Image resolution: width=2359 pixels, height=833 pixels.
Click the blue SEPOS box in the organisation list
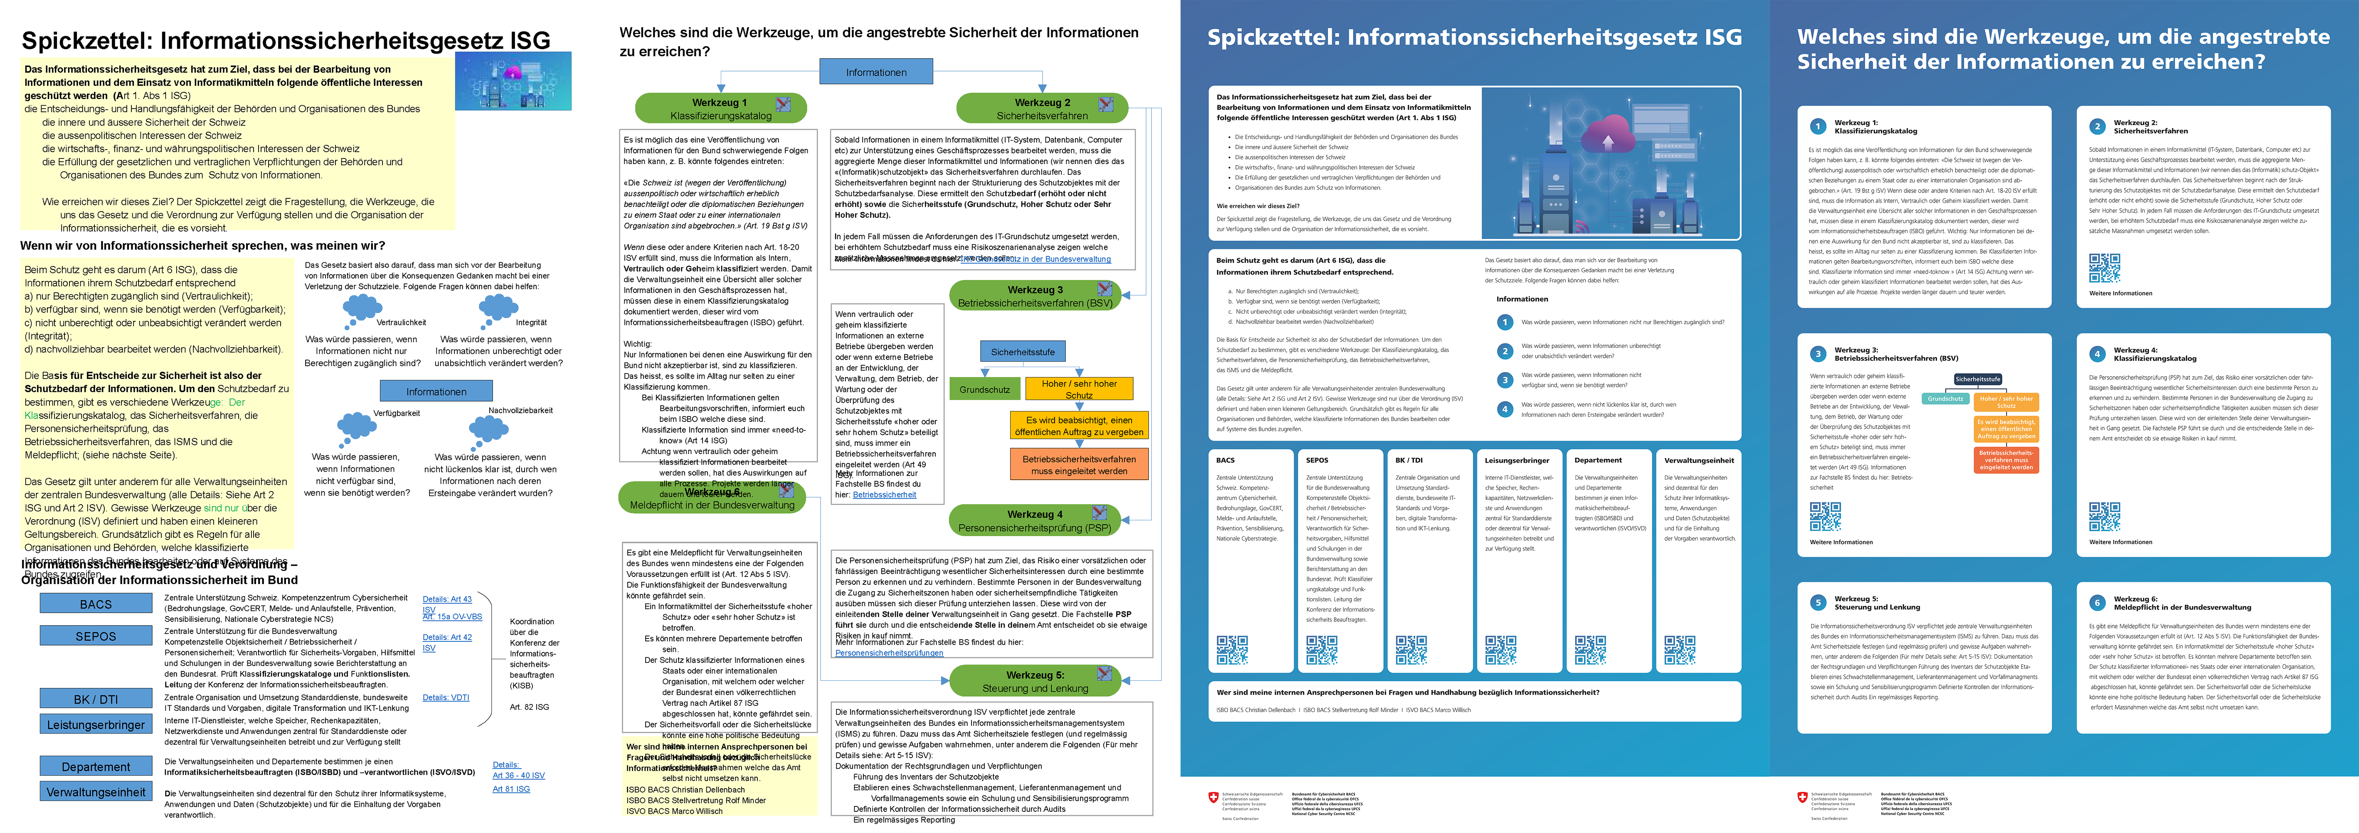pyautogui.click(x=95, y=635)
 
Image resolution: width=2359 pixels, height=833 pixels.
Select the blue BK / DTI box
pyautogui.click(x=95, y=698)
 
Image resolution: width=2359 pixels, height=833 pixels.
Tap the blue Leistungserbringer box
pyautogui.click(x=95, y=724)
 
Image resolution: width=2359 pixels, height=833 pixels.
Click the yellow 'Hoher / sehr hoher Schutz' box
pyautogui.click(x=1079, y=389)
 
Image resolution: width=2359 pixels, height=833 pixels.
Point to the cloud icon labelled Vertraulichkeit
pyautogui.click(x=362, y=309)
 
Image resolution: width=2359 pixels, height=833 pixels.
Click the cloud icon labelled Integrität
pyautogui.click(x=498, y=308)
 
